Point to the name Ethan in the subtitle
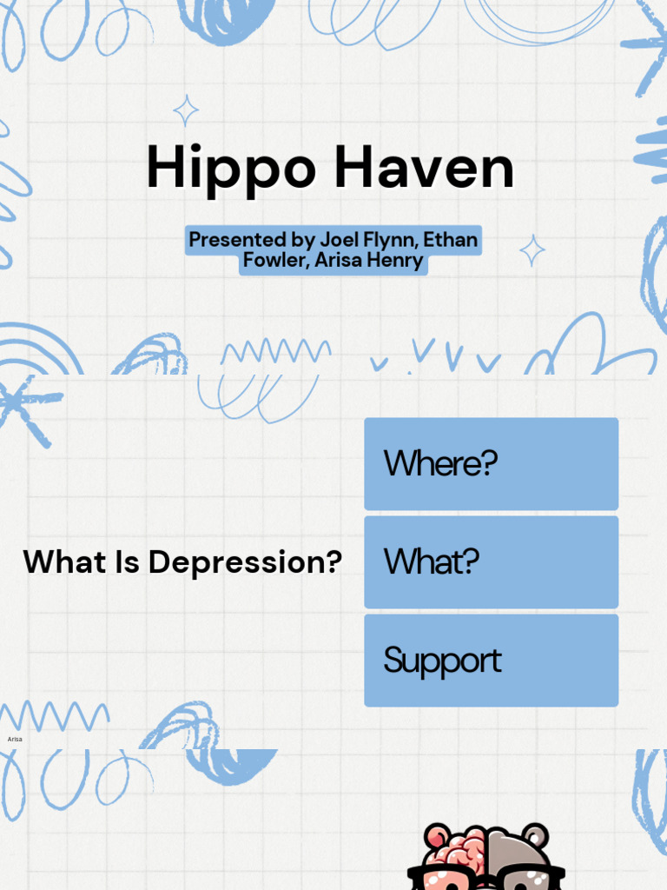[x=450, y=239]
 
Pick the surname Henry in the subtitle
[x=393, y=260]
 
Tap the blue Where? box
[x=491, y=463]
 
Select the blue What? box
[x=491, y=561]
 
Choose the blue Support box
[x=491, y=661]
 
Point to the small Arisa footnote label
[x=15, y=739]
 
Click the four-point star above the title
[x=185, y=110]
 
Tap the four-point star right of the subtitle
[x=532, y=250]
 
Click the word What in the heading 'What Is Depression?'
[x=64, y=562]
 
